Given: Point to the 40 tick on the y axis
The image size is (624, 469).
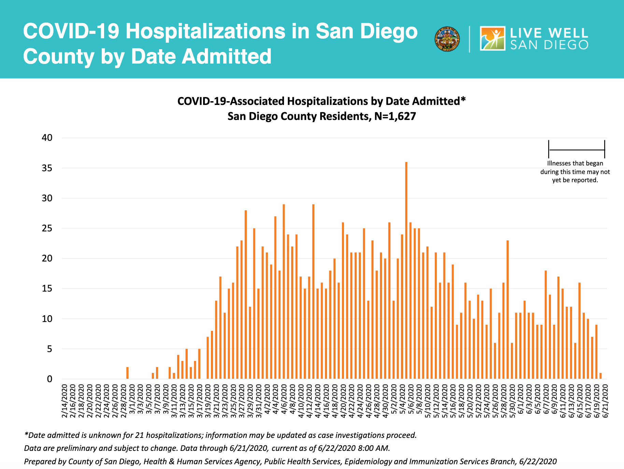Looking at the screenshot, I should (47, 138).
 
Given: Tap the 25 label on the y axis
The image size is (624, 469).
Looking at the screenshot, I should (47, 228).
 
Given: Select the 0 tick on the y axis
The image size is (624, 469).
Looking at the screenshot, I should (49, 379).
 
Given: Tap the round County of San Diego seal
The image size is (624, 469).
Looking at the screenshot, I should (447, 39).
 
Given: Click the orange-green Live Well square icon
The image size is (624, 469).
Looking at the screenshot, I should (492, 39).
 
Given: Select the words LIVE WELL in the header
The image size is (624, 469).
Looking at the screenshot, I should (549, 33).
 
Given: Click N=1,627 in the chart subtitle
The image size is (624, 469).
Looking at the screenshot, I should (395, 116).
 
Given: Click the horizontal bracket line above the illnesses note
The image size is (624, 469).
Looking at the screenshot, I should (577, 150).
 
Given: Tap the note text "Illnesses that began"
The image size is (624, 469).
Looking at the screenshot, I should (575, 163).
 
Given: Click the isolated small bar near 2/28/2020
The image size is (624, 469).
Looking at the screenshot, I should (127, 373).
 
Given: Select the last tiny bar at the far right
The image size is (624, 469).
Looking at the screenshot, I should (600, 376).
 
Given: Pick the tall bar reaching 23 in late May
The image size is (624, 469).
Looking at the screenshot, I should (508, 309).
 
